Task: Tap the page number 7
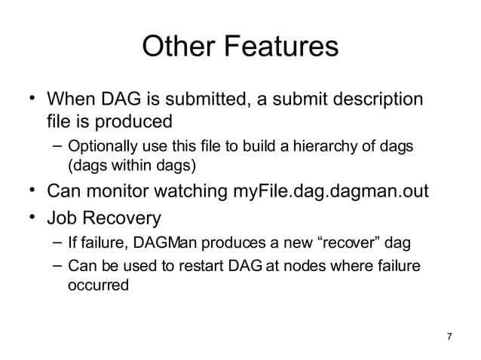[450, 336]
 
